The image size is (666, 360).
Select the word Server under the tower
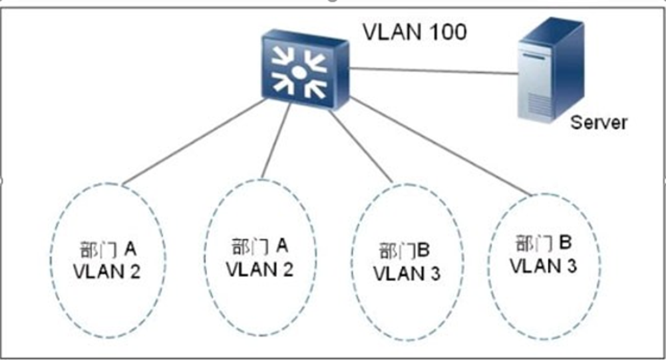[x=599, y=122]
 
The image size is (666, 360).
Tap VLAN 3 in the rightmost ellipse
[x=543, y=265]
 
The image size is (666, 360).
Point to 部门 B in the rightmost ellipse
[x=543, y=242]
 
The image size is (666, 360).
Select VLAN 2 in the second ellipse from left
[x=260, y=269]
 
